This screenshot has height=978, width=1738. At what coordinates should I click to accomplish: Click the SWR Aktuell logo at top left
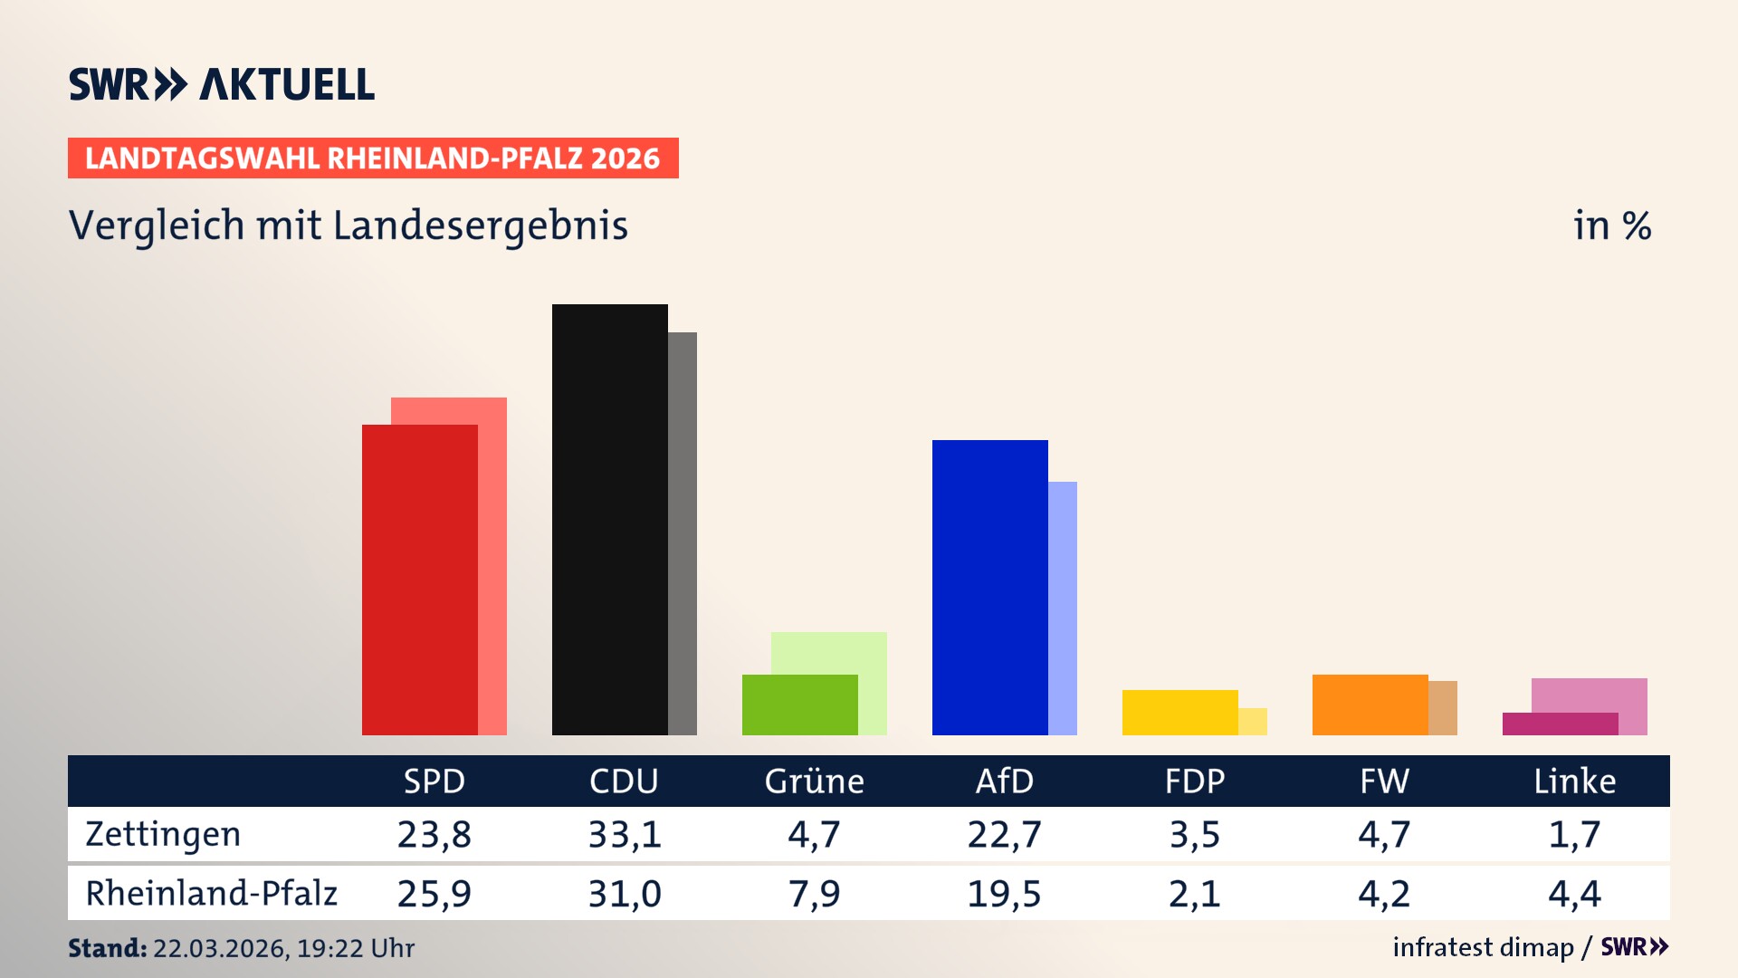pos(221,84)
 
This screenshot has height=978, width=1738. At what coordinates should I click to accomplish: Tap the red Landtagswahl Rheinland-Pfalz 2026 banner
pos(373,158)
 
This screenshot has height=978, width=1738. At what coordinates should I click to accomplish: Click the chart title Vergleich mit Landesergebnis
pos(348,225)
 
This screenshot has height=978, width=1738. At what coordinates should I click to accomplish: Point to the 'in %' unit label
pos(1611,225)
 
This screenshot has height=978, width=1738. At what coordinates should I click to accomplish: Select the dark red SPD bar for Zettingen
pos(419,580)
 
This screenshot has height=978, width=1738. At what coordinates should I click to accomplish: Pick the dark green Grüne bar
pos(799,705)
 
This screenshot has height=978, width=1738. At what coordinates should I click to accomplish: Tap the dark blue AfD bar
pos(989,587)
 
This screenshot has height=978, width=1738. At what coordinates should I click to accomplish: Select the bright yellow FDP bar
pos(1179,713)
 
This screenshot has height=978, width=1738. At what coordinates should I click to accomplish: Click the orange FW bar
pos(1370,705)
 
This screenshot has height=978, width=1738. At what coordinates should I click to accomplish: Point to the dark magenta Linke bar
pos(1560,724)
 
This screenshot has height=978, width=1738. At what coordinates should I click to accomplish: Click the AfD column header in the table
pos(1004,781)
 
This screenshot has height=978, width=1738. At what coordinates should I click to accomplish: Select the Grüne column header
pos(814,781)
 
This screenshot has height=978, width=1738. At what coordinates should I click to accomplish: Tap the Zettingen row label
pos(163,834)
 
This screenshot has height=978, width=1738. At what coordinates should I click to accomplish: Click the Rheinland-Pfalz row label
pos(211,894)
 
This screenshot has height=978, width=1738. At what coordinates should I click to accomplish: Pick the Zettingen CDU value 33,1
pos(625,834)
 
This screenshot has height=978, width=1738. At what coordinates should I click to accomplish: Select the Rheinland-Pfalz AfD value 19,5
pos(1004,894)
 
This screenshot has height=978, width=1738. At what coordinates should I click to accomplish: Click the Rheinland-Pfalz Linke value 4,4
pos(1574,894)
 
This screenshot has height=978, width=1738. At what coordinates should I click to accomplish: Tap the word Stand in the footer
pos(106,948)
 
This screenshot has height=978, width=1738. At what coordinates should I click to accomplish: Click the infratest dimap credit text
pos(1483,947)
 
